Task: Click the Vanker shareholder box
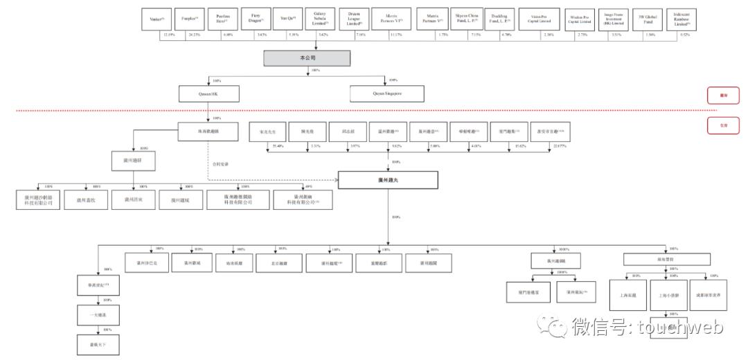coord(156,18)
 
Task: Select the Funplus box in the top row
coord(189,18)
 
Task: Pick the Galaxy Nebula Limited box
coord(320,18)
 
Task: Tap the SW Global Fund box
coord(644,18)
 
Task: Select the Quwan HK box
coord(208,93)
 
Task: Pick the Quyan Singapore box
coord(389,93)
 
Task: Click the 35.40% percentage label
coord(279,147)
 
